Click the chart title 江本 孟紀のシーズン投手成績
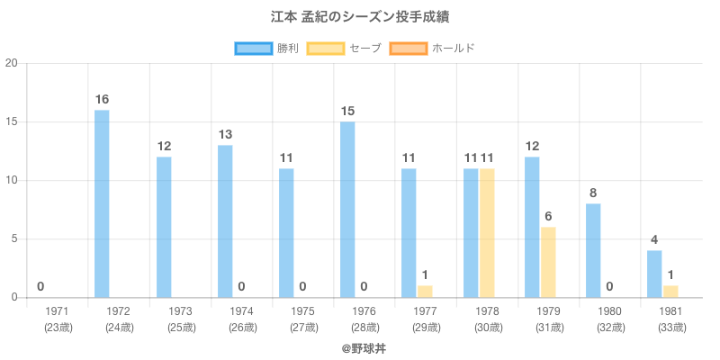tap(359, 17)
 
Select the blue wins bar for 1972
tap(102, 203)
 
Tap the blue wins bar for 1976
tap(347, 210)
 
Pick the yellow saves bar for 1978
tap(487, 233)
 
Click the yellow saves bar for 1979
tap(548, 262)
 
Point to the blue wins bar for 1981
tap(654, 274)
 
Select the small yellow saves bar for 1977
tap(425, 292)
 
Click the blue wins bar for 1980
tap(593, 250)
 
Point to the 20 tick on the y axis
tap(12, 63)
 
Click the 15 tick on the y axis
tap(12, 121)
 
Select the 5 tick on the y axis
tap(14, 239)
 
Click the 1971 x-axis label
tap(57, 311)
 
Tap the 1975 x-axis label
tap(303, 311)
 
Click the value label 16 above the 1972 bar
tap(102, 99)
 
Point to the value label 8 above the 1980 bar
tap(593, 193)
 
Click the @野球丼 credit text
tap(359, 346)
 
